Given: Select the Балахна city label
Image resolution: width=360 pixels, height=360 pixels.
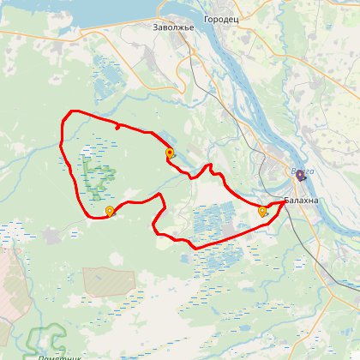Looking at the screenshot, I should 300,201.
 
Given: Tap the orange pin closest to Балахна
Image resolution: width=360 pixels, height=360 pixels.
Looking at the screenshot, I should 262,211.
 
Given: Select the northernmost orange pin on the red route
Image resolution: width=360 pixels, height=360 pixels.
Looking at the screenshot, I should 169,153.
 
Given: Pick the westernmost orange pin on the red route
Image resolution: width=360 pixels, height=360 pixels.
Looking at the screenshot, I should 109,212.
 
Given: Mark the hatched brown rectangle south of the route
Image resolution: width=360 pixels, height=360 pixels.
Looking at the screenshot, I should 109,280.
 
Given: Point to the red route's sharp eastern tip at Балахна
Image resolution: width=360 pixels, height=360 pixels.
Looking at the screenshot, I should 285,203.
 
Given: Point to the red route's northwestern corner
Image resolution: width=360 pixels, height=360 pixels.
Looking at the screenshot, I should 69,115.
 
